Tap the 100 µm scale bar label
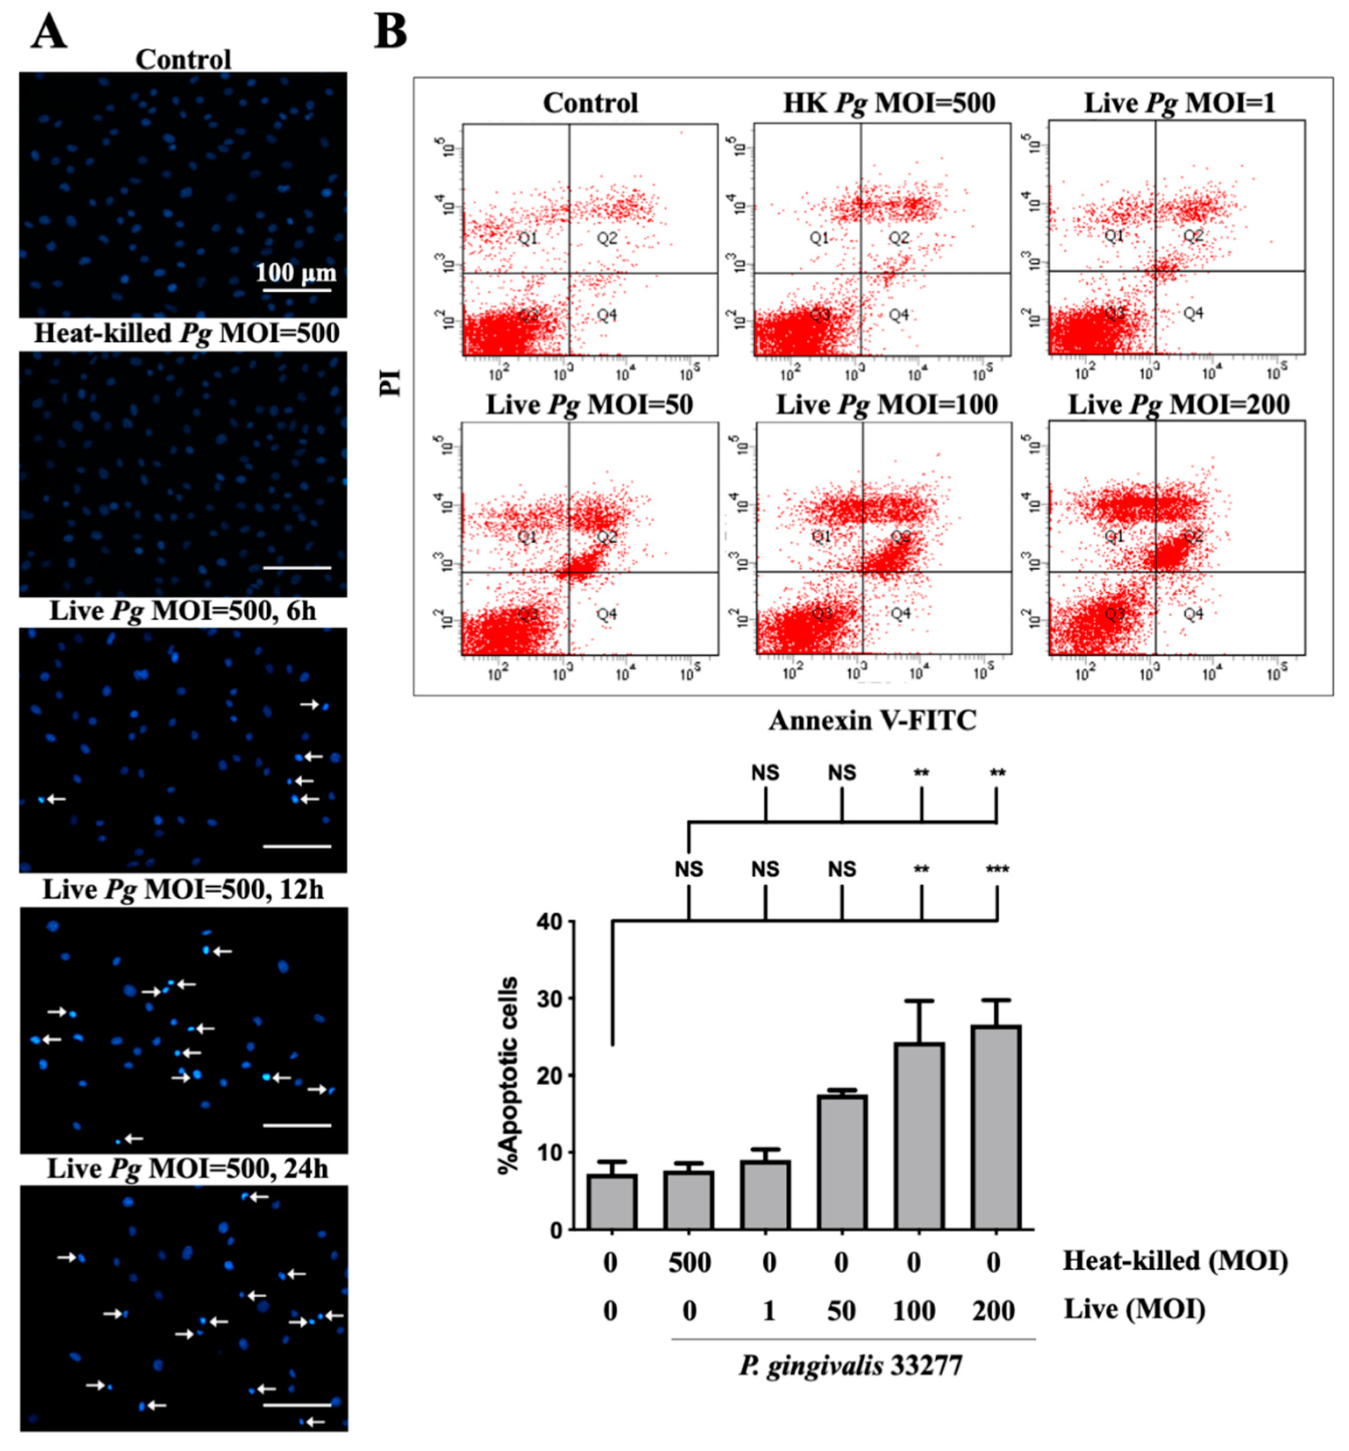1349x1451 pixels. pyautogui.click(x=296, y=273)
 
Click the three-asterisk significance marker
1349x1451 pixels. pyautogui.click(x=997, y=869)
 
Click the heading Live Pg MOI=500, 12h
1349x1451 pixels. pyautogui.click(x=183, y=890)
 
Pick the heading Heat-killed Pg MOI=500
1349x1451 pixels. pyautogui.click(x=187, y=334)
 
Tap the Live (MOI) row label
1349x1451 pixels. pyautogui.click(x=1134, y=1309)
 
